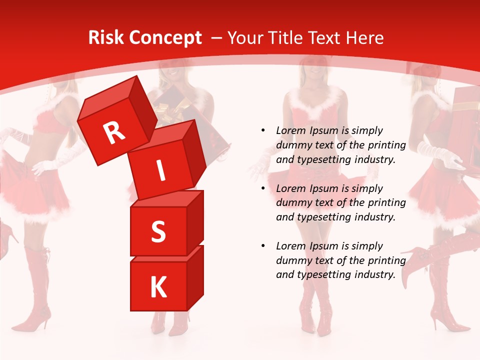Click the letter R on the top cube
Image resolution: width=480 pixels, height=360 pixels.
tap(114, 133)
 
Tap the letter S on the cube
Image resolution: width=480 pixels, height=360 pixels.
tap(158, 231)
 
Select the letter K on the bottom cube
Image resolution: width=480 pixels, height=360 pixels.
tap(158, 287)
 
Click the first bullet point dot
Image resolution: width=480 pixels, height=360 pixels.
tap(263, 130)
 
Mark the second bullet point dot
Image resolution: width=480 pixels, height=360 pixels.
tap(263, 188)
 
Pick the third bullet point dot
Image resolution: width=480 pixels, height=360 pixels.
tap(263, 246)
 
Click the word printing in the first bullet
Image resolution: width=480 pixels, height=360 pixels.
tap(387, 145)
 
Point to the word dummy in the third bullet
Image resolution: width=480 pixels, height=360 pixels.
tap(291, 260)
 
